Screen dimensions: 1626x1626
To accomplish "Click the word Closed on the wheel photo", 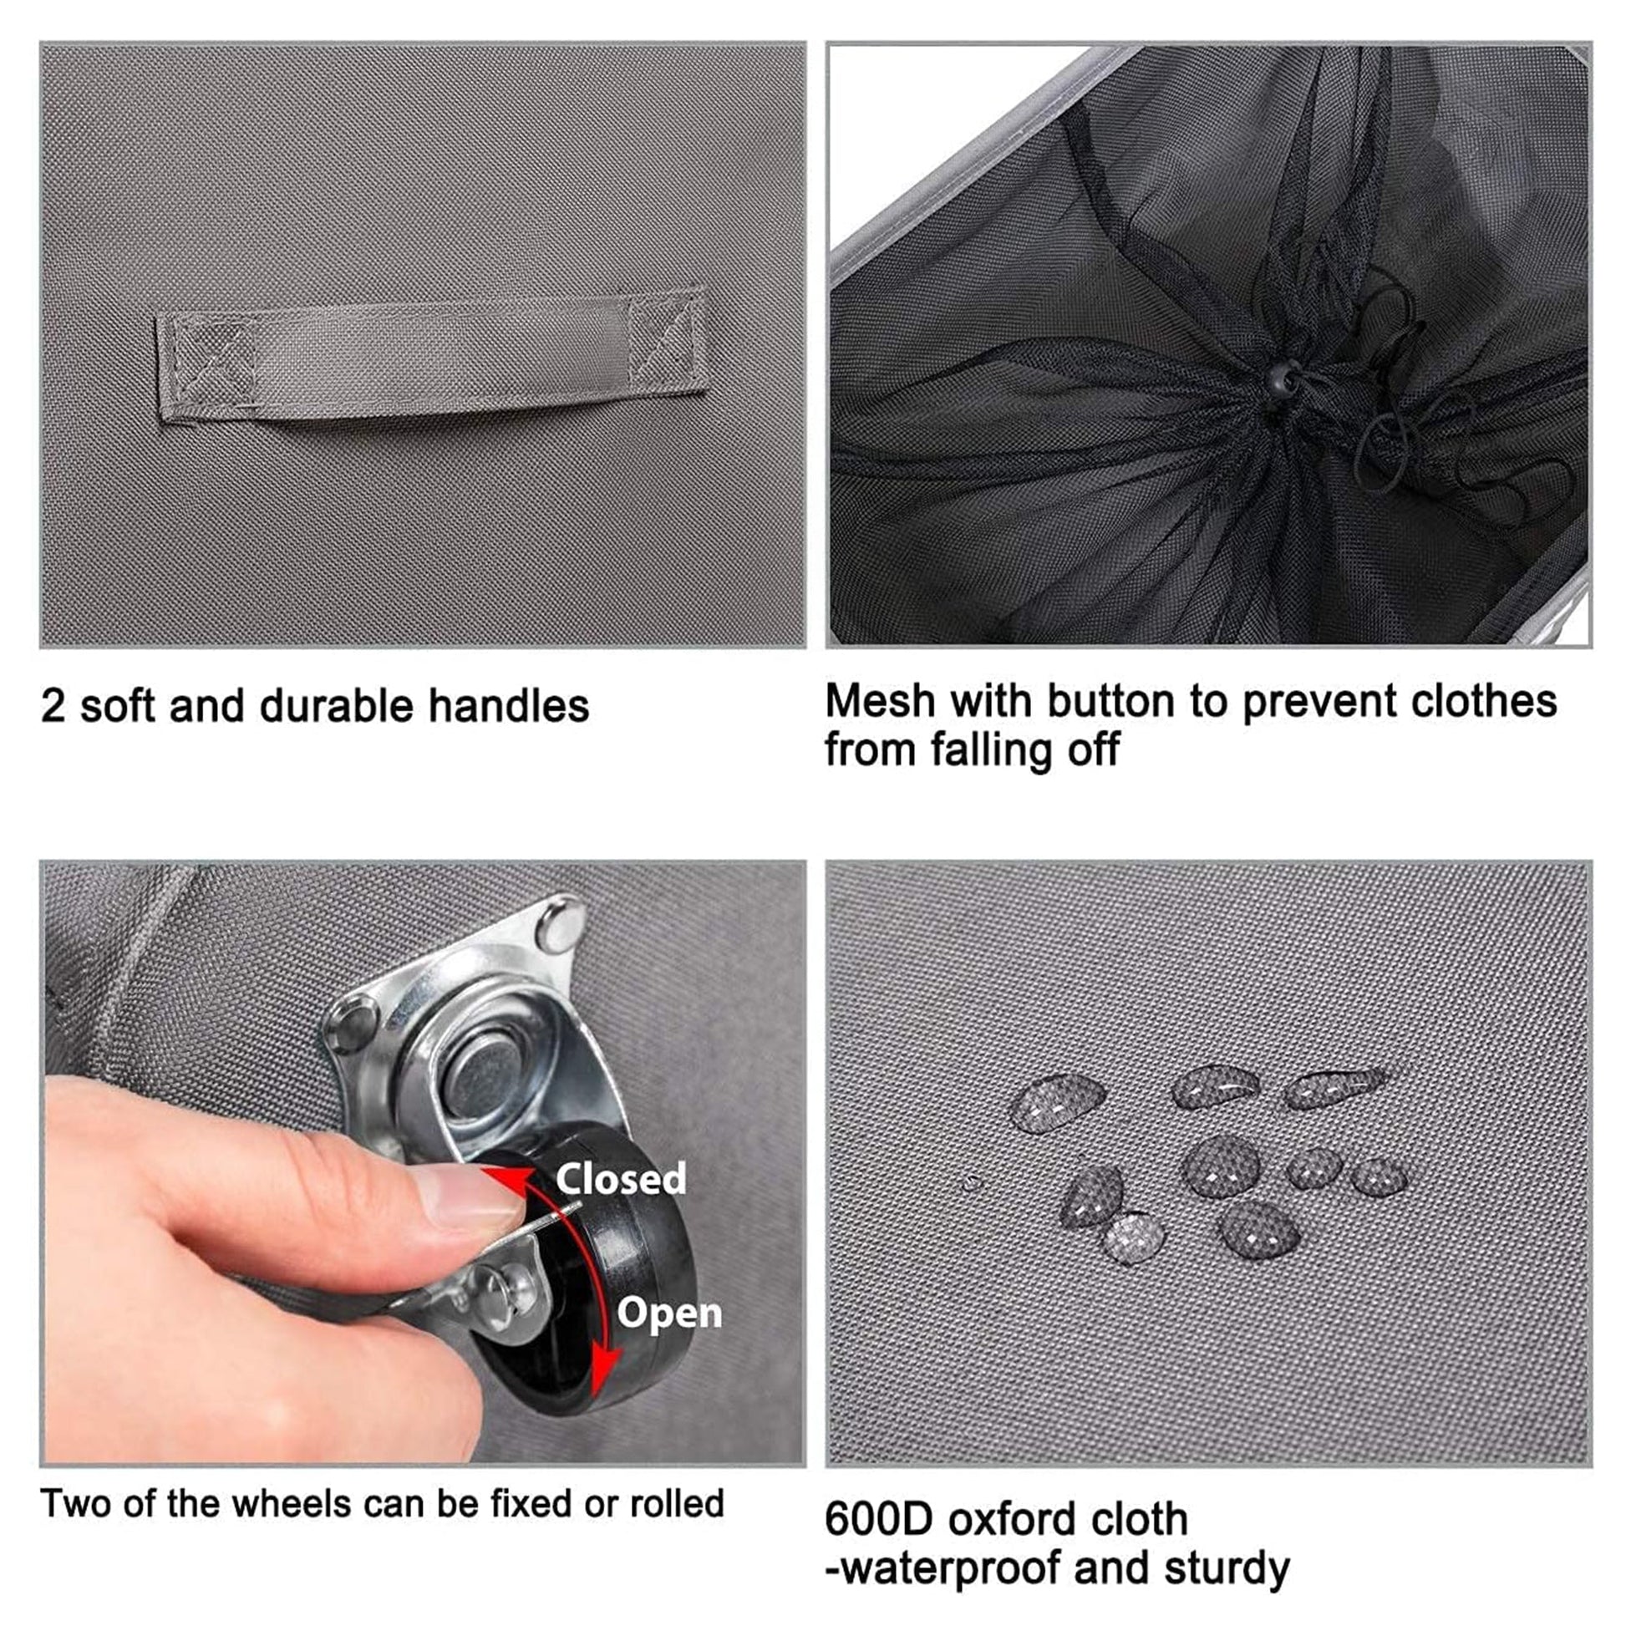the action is pyautogui.click(x=620, y=1178).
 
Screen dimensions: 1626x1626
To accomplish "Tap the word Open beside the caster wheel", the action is pyautogui.click(x=669, y=1314).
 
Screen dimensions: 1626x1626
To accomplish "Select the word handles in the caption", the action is pyautogui.click(x=508, y=705).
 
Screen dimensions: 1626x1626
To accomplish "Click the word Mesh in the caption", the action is pyautogui.click(x=880, y=700).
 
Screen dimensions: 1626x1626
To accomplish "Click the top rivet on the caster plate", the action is pyautogui.click(x=561, y=919).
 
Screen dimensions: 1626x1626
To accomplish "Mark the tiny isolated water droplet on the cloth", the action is pyautogui.click(x=973, y=1183).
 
